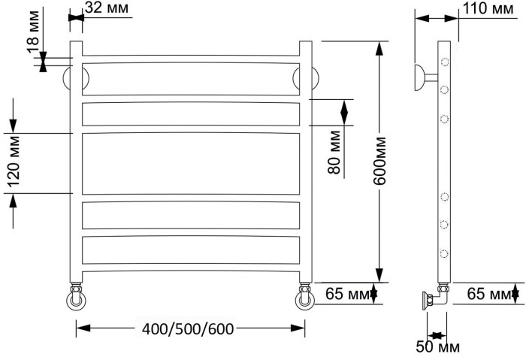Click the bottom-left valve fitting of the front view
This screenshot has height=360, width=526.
[x=77, y=298]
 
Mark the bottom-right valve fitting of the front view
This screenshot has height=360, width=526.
[x=305, y=298]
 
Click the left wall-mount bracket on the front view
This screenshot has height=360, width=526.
[x=76, y=77]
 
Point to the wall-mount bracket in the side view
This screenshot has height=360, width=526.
[x=423, y=77]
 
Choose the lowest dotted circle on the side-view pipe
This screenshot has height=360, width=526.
[x=445, y=253]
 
